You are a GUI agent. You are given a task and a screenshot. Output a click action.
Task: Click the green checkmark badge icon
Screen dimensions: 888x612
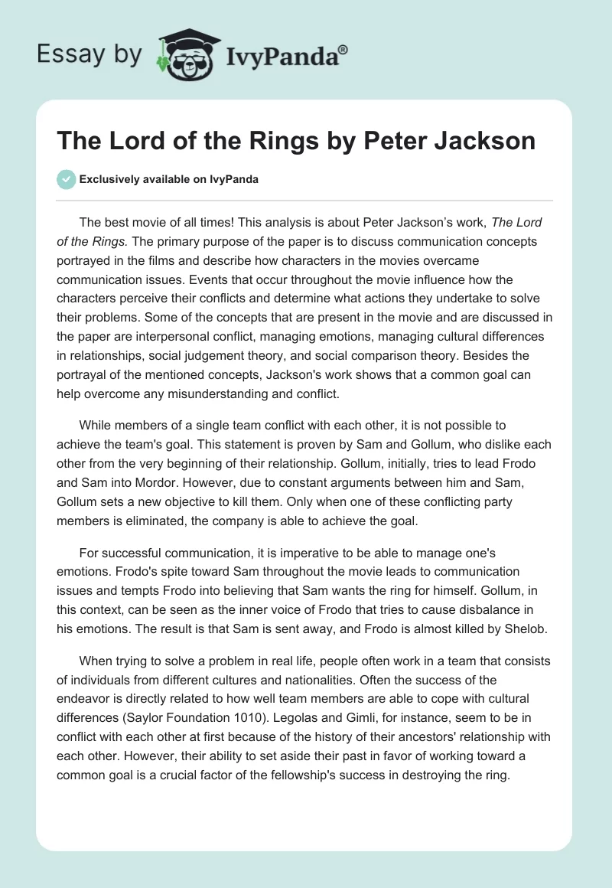(65, 179)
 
